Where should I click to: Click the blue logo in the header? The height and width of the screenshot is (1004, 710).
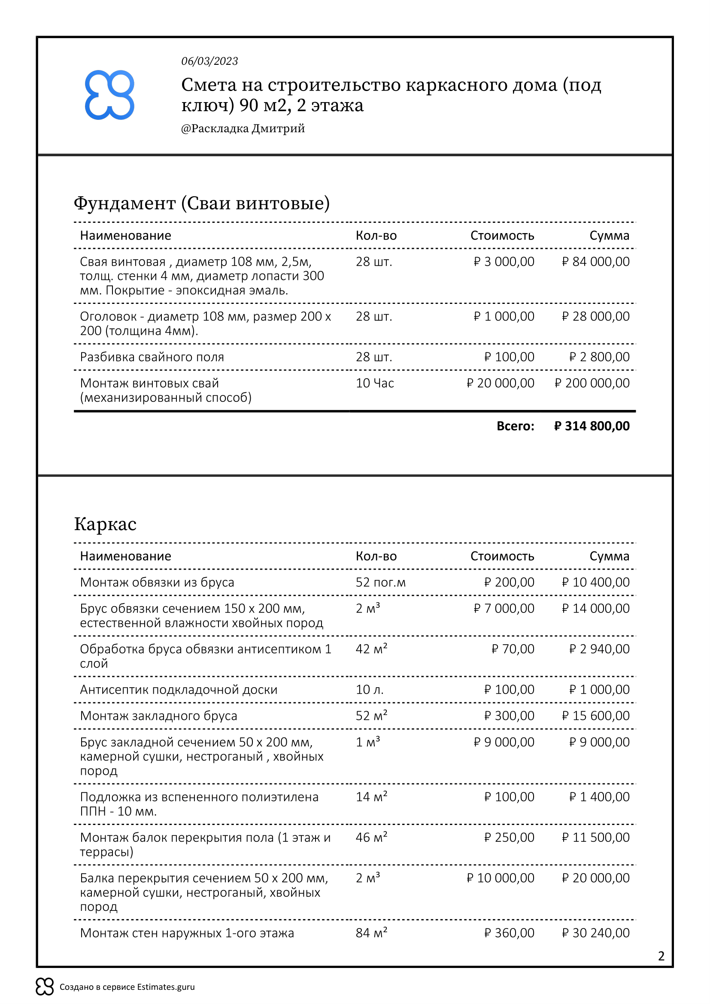point(109,95)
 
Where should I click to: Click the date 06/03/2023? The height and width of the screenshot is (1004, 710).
point(209,61)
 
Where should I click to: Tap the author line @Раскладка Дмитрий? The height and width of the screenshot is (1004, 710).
point(243,129)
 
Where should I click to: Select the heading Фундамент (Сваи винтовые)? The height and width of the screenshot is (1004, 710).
point(202,203)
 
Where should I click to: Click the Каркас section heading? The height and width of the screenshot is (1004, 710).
point(105,524)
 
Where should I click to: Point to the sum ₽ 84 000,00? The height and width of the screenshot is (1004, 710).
point(595,262)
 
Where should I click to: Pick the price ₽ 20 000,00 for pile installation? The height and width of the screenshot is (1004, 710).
point(500,383)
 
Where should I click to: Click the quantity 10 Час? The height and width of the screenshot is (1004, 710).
point(375,383)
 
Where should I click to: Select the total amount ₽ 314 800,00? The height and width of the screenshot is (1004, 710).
point(592,426)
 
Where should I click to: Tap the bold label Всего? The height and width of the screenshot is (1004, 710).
point(515,426)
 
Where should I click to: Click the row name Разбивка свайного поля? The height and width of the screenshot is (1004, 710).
point(152,357)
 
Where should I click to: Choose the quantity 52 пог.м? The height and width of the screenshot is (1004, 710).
point(380,582)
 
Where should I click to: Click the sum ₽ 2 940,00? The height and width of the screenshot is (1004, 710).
point(599,649)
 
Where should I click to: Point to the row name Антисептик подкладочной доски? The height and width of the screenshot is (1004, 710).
point(179,690)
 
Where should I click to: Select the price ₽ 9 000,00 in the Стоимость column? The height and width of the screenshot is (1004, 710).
point(504,743)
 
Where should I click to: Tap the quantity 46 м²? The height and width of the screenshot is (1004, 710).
point(371,838)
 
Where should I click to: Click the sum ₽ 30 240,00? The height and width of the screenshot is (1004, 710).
point(595,933)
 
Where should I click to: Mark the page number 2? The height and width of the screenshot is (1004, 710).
point(661,956)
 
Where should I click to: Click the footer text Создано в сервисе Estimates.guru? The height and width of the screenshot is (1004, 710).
point(127,987)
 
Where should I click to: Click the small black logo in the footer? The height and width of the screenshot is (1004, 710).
point(45,986)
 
